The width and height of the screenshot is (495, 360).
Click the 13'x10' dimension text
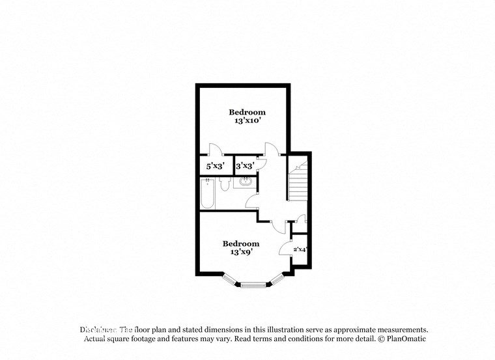tap(247, 121)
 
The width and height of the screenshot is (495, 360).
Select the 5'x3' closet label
tap(216, 167)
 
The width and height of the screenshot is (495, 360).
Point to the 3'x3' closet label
tap(244, 167)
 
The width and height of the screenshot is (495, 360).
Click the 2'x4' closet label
tap(300, 249)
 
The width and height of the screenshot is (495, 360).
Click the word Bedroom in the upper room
tap(247, 112)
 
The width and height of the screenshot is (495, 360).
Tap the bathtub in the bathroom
tap(207, 194)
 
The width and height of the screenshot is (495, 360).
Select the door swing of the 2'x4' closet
tap(285, 248)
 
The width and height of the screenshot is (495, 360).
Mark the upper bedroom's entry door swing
tap(272, 150)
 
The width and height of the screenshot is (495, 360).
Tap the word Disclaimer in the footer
tap(98, 330)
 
